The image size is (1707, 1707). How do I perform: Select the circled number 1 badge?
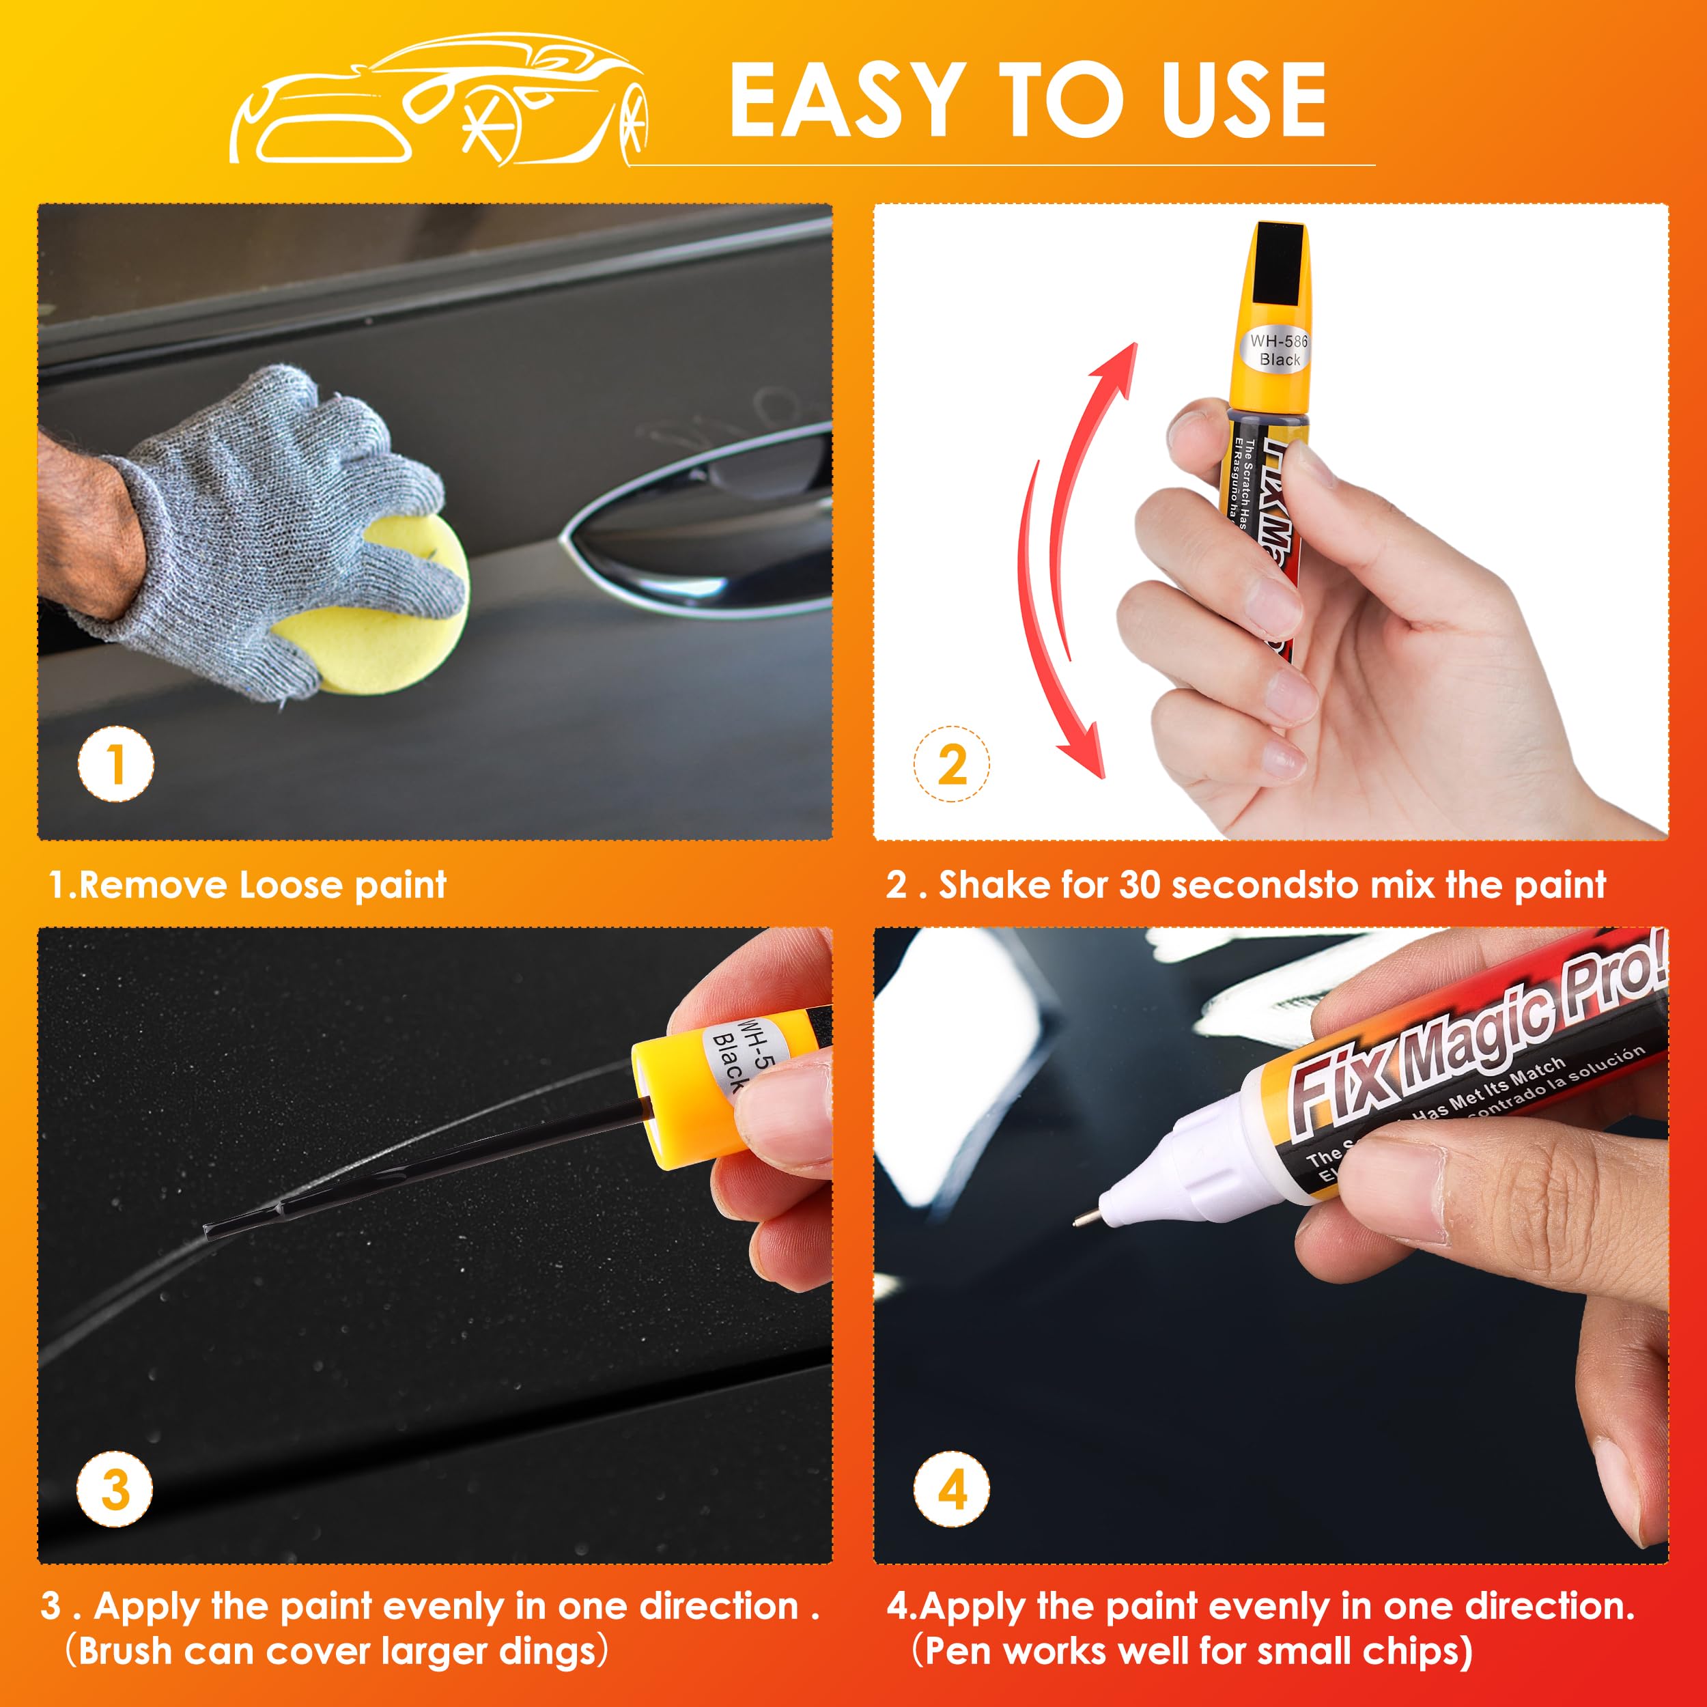[116, 764]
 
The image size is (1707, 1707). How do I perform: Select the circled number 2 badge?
[952, 764]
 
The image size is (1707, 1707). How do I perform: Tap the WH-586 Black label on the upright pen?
[1278, 350]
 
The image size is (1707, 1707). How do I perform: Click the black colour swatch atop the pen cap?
[1281, 265]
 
